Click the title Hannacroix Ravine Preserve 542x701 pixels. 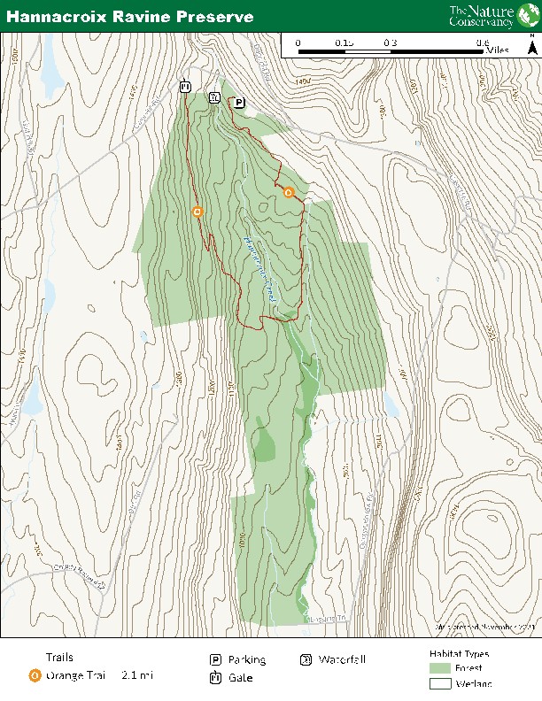click(130, 17)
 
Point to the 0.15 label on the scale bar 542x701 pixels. click(344, 42)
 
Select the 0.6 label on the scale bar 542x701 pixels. click(482, 42)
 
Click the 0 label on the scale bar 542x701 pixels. click(298, 42)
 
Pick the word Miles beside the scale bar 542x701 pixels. click(498, 51)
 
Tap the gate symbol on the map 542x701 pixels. click(185, 87)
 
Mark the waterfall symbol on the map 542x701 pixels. click(214, 98)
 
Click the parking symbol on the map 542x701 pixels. click(239, 104)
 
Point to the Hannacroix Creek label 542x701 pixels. click(259, 270)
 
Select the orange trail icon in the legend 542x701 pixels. click(34, 675)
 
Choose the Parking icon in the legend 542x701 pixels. click(215, 660)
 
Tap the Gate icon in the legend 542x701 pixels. click(215, 678)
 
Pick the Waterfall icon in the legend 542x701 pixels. click(306, 660)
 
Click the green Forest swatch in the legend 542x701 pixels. click(440, 667)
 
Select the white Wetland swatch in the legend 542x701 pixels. click(440, 683)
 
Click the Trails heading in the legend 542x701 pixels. click(59, 658)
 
